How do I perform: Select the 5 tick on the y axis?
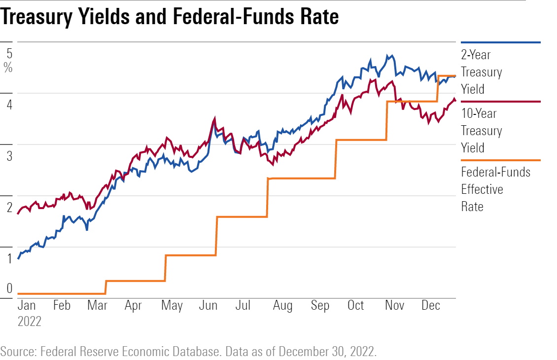click(9, 53)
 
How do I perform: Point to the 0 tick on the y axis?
click(9, 289)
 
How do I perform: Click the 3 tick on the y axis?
click(9, 156)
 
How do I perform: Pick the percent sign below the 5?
click(8, 68)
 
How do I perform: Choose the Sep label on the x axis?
click(320, 306)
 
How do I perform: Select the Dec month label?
click(430, 306)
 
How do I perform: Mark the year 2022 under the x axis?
click(30, 322)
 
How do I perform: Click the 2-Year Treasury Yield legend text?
click(481, 72)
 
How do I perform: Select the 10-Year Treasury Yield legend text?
click(481, 131)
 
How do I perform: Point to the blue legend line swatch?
click(500, 43)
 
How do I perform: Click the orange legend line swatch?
click(500, 160)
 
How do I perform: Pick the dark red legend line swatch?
click(500, 102)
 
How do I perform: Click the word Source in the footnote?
click(17, 352)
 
